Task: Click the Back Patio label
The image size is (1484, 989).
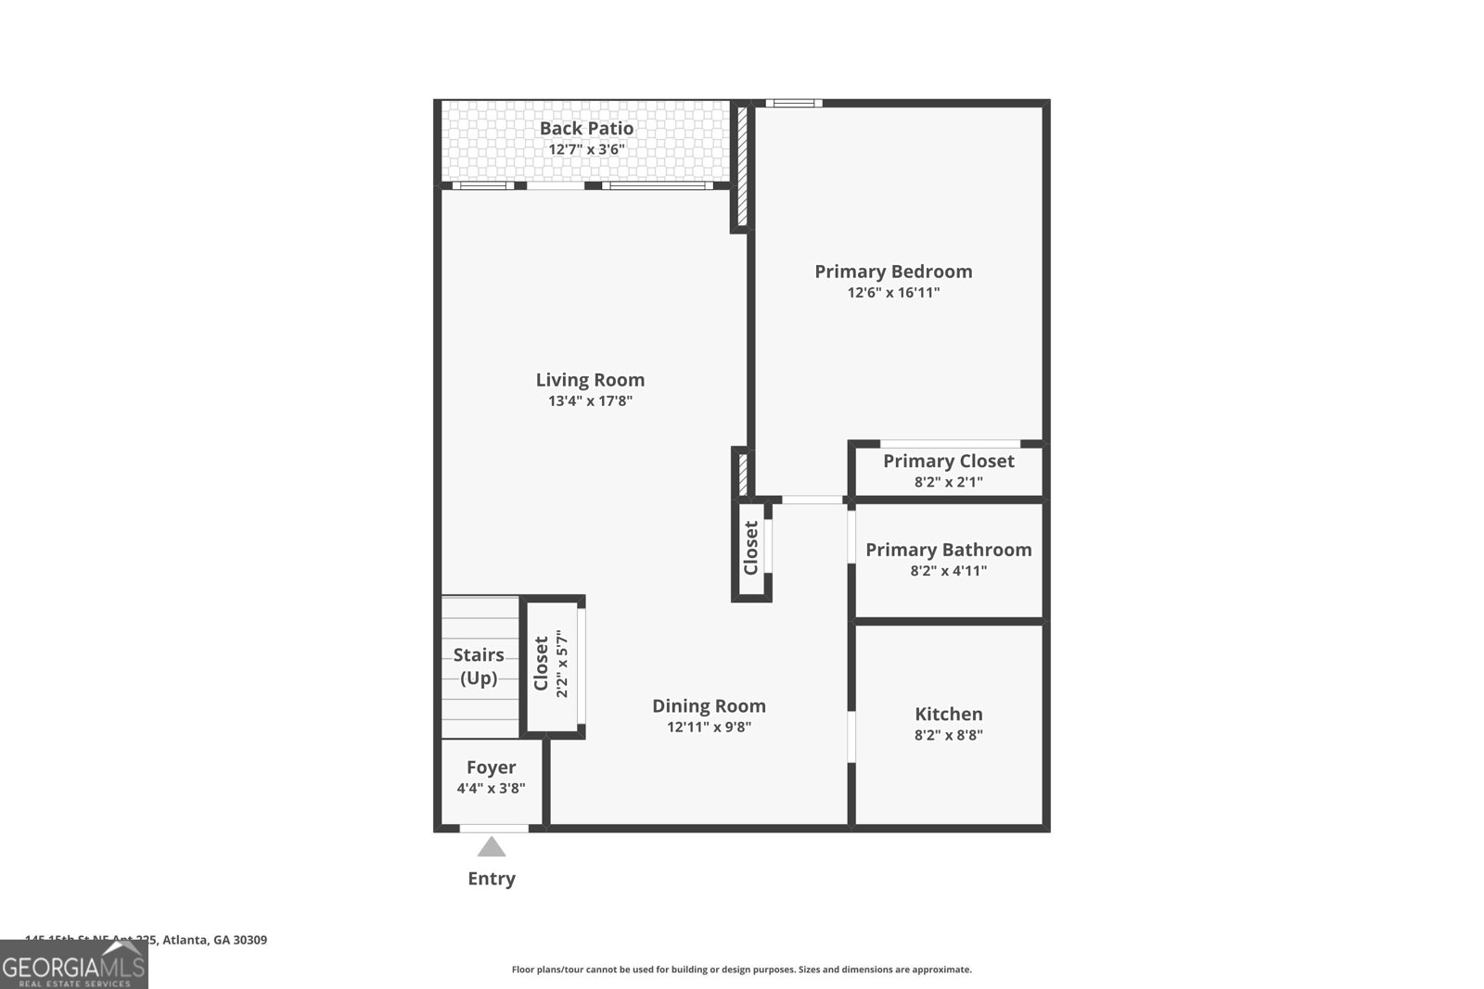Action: (x=586, y=129)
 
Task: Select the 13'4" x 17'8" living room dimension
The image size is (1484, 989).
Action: (x=590, y=401)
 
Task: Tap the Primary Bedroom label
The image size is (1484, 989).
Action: (x=893, y=272)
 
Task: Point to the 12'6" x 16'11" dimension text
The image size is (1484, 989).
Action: (x=893, y=293)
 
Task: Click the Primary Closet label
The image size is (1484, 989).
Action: (x=948, y=462)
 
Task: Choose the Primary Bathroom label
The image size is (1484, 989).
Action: (x=948, y=550)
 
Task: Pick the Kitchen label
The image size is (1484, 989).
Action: (x=948, y=714)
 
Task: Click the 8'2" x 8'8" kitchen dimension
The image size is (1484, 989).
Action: (x=948, y=736)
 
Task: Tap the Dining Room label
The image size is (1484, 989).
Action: (x=709, y=706)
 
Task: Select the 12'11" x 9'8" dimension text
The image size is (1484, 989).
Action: (x=709, y=728)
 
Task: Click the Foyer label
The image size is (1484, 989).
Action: (x=491, y=767)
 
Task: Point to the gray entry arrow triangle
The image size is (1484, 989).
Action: (x=492, y=847)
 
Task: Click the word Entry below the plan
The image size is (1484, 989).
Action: (x=492, y=879)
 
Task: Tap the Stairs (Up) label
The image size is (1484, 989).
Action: (x=479, y=666)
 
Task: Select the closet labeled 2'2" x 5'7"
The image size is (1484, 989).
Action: (x=551, y=664)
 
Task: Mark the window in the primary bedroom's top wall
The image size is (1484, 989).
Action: (x=793, y=103)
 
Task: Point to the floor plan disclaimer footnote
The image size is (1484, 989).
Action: (x=741, y=970)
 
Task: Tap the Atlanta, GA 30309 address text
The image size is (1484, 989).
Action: (x=214, y=940)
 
